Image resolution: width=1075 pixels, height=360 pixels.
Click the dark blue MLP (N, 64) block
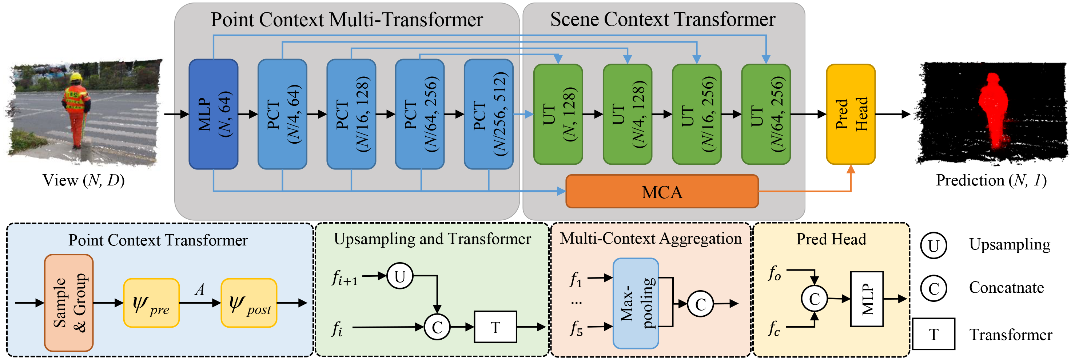pyautogui.click(x=213, y=114)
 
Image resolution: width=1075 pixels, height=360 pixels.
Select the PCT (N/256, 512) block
pyautogui.click(x=488, y=114)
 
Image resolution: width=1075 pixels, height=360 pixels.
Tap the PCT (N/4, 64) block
pyautogui.click(x=283, y=114)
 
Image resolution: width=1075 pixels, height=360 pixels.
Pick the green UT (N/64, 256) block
pyautogui.click(x=765, y=114)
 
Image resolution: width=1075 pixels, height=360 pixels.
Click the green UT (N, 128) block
pyautogui.click(x=558, y=114)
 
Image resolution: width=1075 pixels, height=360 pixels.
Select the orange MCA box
pyautogui.click(x=662, y=192)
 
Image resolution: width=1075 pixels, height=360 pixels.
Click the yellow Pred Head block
pyautogui.click(x=851, y=114)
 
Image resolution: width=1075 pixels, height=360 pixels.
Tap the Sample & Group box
pyautogui.click(x=69, y=303)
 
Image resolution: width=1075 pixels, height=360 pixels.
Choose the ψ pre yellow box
pyautogui.click(x=151, y=303)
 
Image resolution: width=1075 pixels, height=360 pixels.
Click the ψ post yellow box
pyautogui.click(x=249, y=303)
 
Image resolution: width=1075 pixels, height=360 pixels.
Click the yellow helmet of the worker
pyautogui.click(x=76, y=77)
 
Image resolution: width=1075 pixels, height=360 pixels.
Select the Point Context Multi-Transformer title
pyautogui.click(x=346, y=20)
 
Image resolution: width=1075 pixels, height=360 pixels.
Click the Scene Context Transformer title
pyautogui.click(x=663, y=19)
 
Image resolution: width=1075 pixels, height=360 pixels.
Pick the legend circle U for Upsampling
pyautogui.click(x=933, y=245)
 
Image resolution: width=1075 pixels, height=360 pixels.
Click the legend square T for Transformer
pyautogui.click(x=933, y=334)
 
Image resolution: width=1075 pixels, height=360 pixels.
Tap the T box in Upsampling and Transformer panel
pyautogui.click(x=495, y=327)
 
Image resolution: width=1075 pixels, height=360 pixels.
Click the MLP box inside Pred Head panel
pyautogui.click(x=867, y=299)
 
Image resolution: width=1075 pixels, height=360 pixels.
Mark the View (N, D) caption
pyautogui.click(x=83, y=180)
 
